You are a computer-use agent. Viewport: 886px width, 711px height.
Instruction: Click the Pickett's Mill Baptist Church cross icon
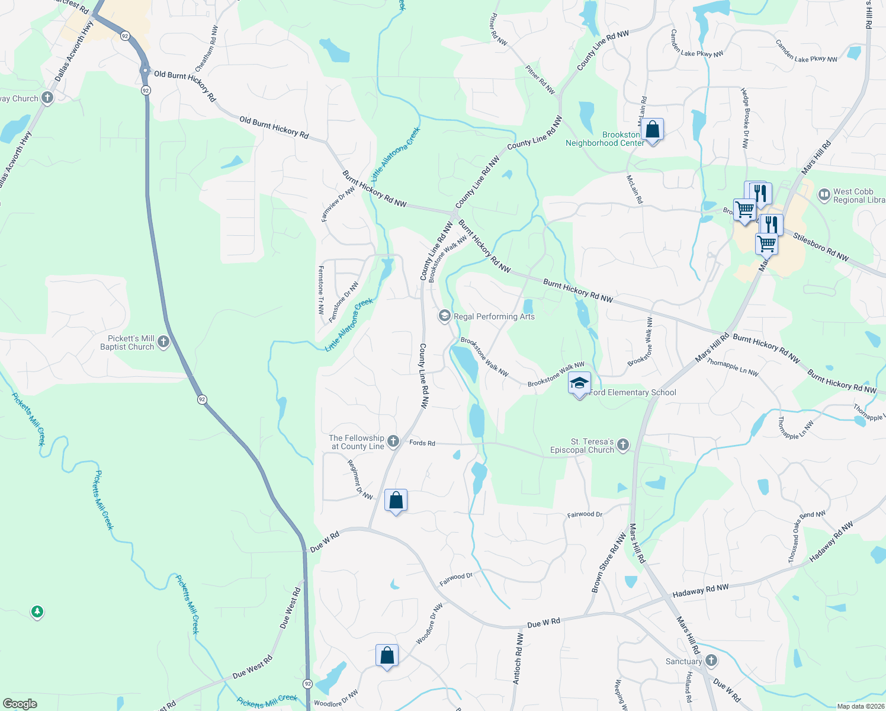click(163, 342)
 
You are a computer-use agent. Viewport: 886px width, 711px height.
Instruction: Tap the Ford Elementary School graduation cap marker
click(579, 383)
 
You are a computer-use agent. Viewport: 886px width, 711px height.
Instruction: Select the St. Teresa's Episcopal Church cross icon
click(622, 445)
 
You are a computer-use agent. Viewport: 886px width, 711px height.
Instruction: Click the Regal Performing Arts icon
click(444, 316)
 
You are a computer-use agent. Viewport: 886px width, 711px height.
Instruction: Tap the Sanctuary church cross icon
click(711, 661)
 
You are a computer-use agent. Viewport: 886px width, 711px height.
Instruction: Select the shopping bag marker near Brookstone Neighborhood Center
click(652, 130)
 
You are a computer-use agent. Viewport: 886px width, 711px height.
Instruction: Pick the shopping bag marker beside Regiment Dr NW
click(396, 501)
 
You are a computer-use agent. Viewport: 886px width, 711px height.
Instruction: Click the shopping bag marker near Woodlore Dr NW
click(387, 656)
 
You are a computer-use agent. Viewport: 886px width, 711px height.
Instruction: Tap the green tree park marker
click(37, 611)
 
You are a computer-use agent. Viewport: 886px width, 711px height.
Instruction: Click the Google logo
click(20, 703)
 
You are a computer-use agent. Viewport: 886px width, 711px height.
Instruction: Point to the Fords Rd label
click(422, 443)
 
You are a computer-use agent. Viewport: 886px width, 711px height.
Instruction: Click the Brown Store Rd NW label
click(608, 563)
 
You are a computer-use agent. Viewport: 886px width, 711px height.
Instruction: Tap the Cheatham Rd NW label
click(207, 49)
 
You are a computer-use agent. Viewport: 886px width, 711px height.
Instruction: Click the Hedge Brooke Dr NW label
click(744, 118)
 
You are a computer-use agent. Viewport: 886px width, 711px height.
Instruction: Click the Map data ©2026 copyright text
click(859, 706)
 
